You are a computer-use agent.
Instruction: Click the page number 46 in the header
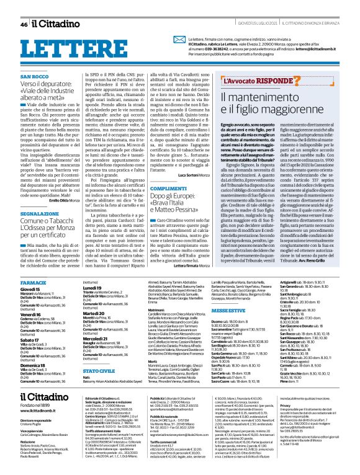(24, 24)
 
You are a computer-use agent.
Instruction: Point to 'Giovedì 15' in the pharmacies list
(30, 289)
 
